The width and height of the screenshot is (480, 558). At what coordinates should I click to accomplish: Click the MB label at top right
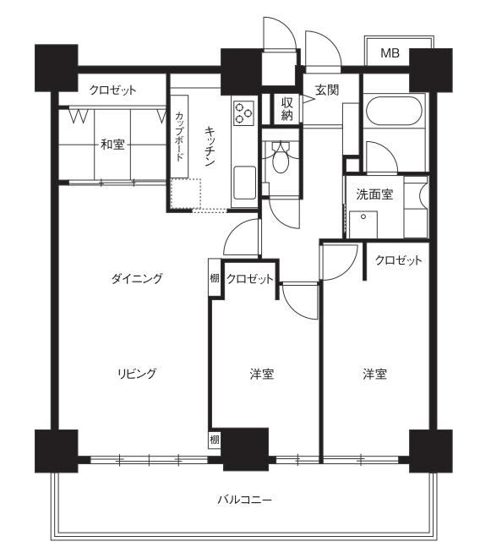[390, 53]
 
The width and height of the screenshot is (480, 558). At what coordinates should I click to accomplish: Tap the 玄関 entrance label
[327, 90]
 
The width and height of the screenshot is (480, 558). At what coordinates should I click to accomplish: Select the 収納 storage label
[286, 109]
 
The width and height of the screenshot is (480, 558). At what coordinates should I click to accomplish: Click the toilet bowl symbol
[281, 157]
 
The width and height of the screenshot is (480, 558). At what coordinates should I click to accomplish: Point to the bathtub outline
[394, 111]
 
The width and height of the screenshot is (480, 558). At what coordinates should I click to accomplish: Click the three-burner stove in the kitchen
[243, 112]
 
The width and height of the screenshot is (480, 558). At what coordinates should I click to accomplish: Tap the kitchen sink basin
[244, 183]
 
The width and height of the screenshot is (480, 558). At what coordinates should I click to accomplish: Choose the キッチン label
[210, 146]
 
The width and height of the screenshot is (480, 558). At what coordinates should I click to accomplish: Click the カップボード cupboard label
[180, 136]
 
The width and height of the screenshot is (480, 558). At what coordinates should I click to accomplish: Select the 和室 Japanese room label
[112, 145]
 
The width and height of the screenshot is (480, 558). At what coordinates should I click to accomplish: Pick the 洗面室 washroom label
[374, 194]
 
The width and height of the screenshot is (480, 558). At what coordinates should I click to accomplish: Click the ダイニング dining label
[137, 278]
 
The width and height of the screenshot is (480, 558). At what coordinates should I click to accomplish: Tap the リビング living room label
[137, 374]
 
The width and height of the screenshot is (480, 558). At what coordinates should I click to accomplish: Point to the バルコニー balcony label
[245, 500]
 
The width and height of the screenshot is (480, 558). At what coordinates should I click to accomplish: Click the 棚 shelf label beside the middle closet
[214, 278]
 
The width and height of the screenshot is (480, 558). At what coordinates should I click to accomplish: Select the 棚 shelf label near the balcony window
[214, 440]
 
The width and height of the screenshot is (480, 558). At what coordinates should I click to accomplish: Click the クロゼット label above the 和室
[112, 90]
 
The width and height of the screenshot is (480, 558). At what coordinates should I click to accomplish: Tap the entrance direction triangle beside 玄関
[308, 99]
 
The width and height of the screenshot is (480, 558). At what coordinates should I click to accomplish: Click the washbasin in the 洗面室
[363, 225]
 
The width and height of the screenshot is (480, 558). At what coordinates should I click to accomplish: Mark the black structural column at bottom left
[57, 451]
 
